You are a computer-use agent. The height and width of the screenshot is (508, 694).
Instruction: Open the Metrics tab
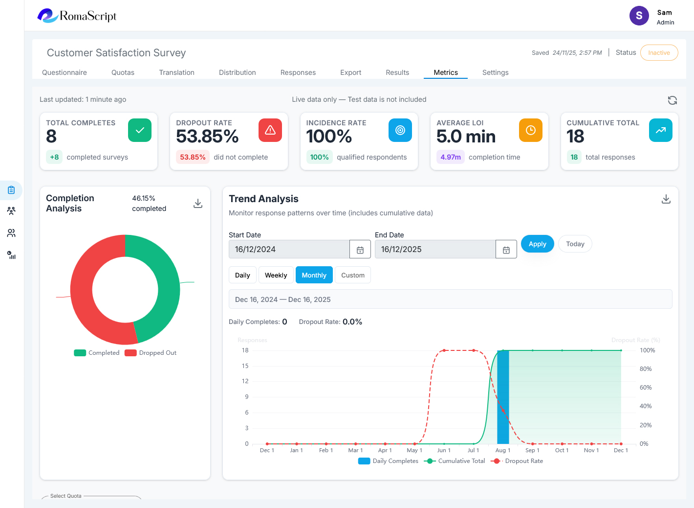(x=446, y=72)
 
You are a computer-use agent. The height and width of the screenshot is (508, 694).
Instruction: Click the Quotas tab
(x=123, y=72)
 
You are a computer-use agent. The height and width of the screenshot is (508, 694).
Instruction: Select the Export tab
(x=350, y=72)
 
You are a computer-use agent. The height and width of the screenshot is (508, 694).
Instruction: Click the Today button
(x=575, y=244)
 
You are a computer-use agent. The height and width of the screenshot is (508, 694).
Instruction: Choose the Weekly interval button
(x=276, y=275)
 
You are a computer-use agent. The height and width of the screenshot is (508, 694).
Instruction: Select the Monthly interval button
(x=314, y=275)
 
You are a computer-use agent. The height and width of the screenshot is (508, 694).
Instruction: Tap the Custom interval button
(x=352, y=275)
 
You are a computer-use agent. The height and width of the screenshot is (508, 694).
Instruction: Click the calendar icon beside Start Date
(x=360, y=250)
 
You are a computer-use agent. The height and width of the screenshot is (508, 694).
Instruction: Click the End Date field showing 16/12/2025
(x=435, y=249)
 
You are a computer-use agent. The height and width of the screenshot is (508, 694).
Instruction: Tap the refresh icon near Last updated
(x=672, y=100)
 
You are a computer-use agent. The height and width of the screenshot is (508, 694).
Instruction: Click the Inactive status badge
(x=659, y=53)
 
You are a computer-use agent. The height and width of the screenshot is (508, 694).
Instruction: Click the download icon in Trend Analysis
(x=666, y=199)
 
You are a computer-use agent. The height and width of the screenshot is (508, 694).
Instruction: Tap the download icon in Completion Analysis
(x=198, y=204)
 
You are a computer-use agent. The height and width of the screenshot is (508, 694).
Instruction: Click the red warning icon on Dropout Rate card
(x=270, y=130)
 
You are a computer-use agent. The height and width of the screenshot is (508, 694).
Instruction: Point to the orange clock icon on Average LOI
(x=530, y=130)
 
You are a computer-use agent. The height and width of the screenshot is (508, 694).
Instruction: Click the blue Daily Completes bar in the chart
(x=503, y=397)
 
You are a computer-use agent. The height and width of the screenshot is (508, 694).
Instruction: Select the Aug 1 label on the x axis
(x=502, y=450)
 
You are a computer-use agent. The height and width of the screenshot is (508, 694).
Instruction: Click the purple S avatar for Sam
(x=639, y=16)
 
